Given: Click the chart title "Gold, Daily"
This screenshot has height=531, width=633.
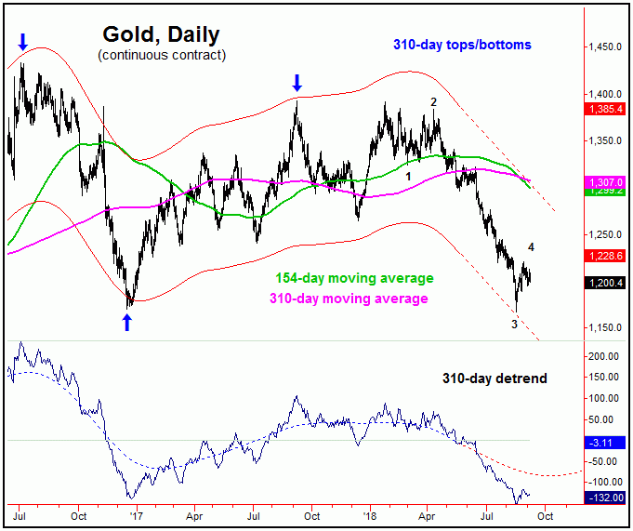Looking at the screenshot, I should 161,35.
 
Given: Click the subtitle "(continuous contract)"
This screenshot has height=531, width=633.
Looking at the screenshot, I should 161,56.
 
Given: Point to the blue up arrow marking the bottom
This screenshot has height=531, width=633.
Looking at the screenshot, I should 127,323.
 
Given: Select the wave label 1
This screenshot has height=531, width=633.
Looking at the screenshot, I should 407,164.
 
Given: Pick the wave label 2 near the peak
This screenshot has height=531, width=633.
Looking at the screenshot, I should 433,101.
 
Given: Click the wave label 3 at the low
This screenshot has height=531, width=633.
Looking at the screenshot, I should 514,324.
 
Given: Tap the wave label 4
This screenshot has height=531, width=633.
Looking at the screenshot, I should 531,246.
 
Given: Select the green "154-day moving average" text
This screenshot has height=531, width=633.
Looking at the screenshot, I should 354,278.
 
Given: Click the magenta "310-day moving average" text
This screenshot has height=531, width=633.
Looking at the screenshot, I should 349,299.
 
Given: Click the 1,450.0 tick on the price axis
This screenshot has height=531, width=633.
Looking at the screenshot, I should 604,46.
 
